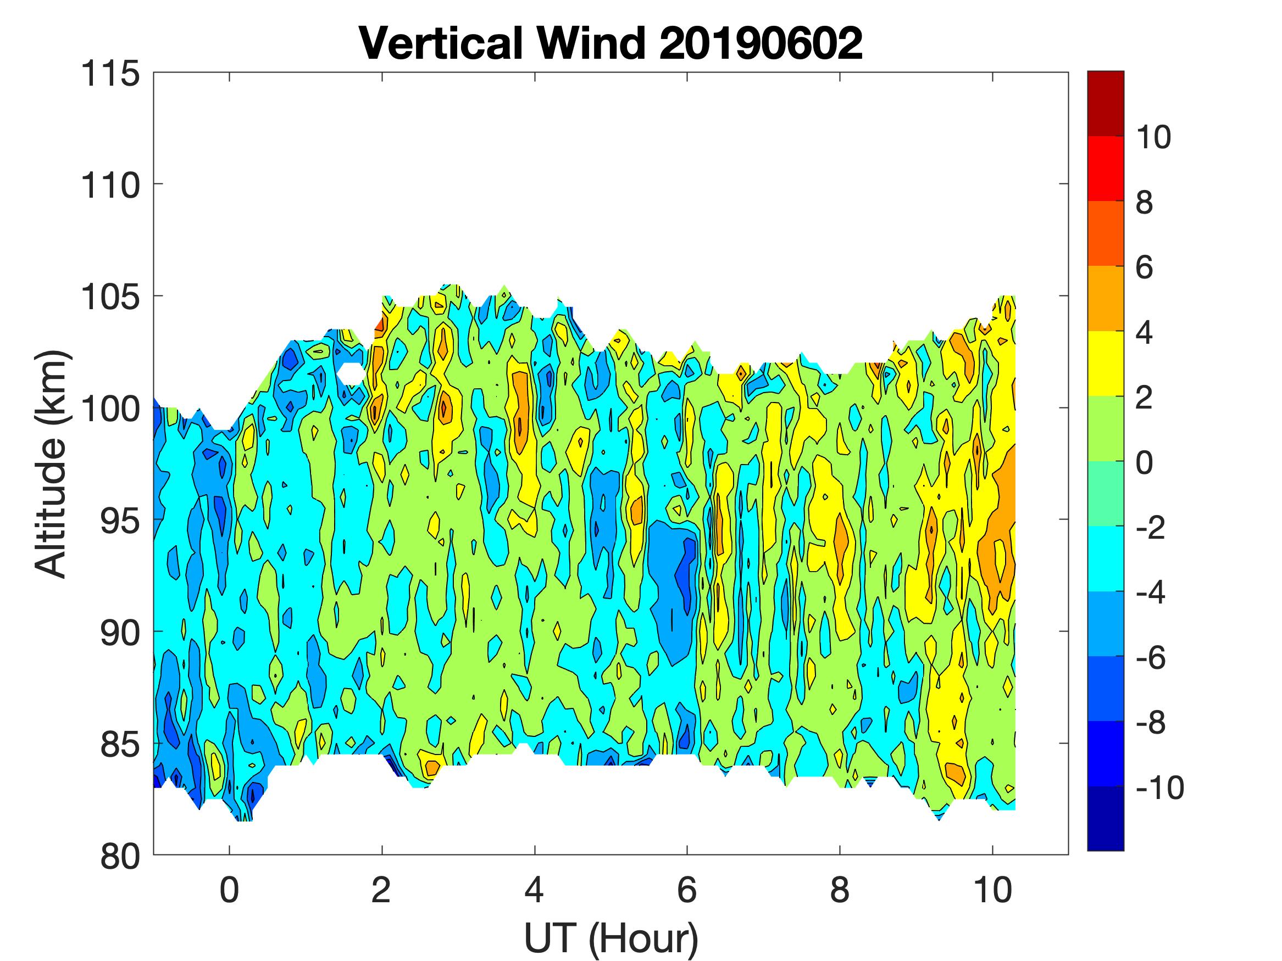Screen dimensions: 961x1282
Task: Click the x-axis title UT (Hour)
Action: (611, 938)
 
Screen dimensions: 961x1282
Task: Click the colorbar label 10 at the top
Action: (1153, 137)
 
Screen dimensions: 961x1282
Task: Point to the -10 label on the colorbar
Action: (1159, 788)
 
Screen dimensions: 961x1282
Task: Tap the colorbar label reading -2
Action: (1151, 528)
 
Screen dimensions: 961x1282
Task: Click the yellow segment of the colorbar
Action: (1105, 363)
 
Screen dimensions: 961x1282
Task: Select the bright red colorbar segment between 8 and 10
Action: (1105, 168)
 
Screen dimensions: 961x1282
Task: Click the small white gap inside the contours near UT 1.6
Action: (351, 373)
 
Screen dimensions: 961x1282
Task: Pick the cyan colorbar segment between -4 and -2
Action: (1105, 558)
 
